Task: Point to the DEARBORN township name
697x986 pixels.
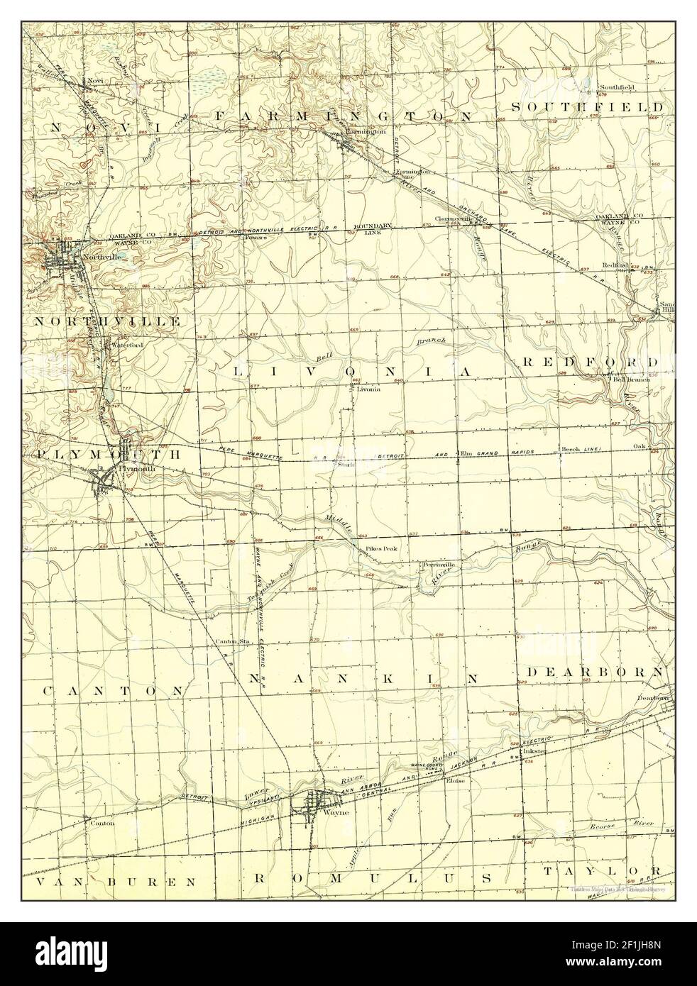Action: click(x=595, y=671)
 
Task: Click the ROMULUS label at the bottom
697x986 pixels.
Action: click(x=373, y=877)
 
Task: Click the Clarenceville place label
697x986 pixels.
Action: click(x=455, y=218)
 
